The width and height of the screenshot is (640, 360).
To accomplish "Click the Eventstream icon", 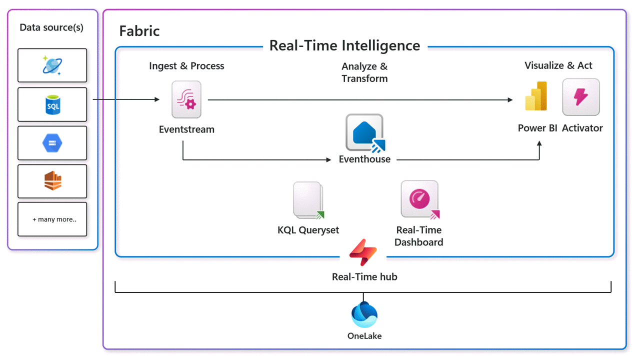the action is [186, 99].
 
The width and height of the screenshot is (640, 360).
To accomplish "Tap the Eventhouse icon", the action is [365, 133].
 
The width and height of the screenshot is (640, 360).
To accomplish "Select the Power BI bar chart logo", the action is [536, 96].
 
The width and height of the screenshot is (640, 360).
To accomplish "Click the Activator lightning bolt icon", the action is [581, 97].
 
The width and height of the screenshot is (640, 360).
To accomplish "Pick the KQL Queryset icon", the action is [308, 200].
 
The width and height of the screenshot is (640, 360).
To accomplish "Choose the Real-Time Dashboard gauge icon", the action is [420, 199].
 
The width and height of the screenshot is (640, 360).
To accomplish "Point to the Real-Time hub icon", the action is [363, 252].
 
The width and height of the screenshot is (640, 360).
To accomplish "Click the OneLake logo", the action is [364, 315].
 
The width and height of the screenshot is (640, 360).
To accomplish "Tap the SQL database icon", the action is [53, 105].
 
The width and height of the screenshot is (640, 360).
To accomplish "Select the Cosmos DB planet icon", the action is [52, 65].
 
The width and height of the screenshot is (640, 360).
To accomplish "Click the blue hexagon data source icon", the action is [52, 143].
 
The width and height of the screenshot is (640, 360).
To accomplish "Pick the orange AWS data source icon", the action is [53, 180].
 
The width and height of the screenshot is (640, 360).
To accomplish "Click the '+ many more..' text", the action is [54, 219].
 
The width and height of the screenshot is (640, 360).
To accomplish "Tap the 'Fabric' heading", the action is [139, 31].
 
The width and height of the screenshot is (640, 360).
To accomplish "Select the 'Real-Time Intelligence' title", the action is [345, 45].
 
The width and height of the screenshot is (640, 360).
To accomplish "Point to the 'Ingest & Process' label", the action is [186, 66].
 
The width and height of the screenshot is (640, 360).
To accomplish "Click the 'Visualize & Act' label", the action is [558, 65].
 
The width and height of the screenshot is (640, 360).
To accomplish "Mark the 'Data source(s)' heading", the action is [51, 27].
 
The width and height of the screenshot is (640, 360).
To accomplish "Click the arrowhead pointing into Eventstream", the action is [157, 99].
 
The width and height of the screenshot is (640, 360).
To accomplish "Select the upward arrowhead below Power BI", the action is [539, 143].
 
